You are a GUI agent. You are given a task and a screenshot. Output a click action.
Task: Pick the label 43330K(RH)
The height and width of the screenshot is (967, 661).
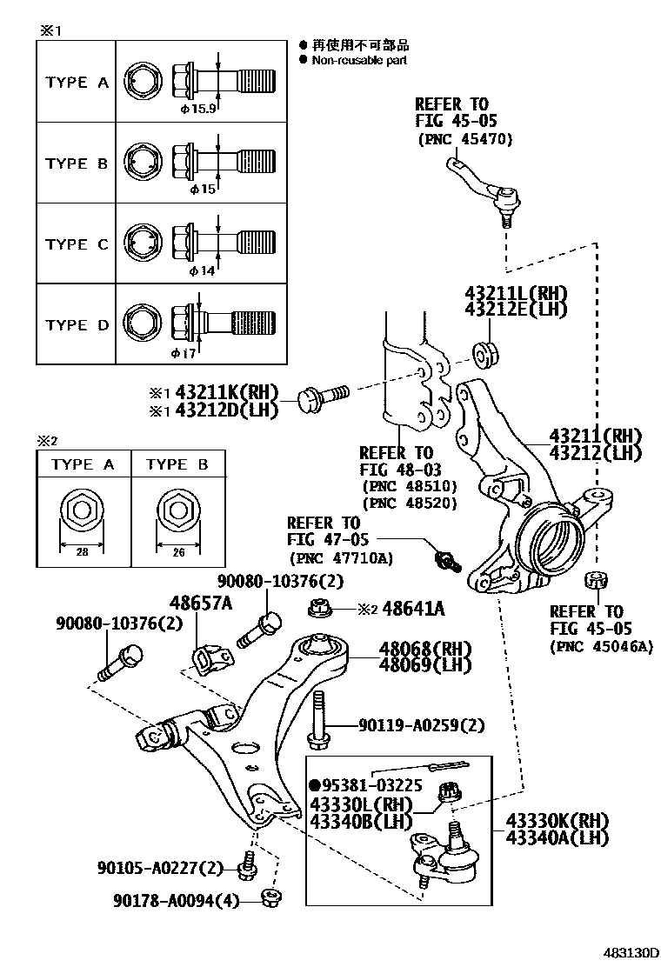click(558, 821)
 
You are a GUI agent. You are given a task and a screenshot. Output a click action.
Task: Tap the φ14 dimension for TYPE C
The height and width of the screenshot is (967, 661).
click(200, 270)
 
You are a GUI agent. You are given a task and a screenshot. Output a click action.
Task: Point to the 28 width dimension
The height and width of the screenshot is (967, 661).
click(81, 550)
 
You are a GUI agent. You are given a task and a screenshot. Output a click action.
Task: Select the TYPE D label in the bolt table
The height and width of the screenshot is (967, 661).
click(77, 325)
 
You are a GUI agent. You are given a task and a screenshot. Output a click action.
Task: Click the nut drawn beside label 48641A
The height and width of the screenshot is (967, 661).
click(317, 606)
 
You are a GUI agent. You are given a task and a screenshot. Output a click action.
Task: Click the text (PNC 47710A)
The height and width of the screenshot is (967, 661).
click(340, 558)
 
